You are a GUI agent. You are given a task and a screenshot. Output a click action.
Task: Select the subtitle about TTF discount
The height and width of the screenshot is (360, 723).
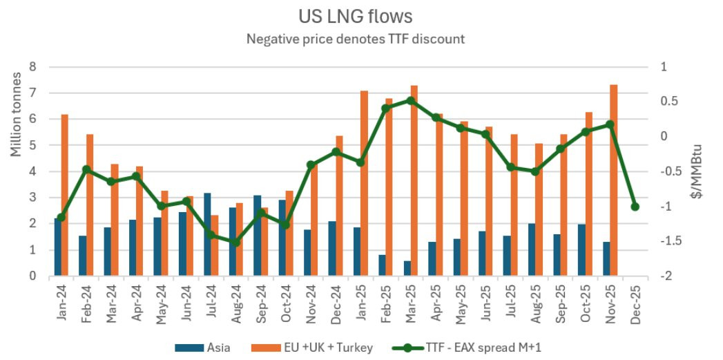pos(356,39)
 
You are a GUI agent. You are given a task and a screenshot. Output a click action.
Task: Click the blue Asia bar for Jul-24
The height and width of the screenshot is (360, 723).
pos(207,234)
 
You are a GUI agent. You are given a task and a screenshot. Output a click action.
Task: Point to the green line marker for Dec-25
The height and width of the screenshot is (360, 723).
pos(635,207)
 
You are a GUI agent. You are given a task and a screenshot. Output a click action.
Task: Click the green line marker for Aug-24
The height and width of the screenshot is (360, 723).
pos(235,243)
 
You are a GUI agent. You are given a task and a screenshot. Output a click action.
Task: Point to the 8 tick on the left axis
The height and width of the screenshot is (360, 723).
pos(32,67)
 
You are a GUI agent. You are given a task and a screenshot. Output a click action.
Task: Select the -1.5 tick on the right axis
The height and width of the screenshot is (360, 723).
pos(668,241)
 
